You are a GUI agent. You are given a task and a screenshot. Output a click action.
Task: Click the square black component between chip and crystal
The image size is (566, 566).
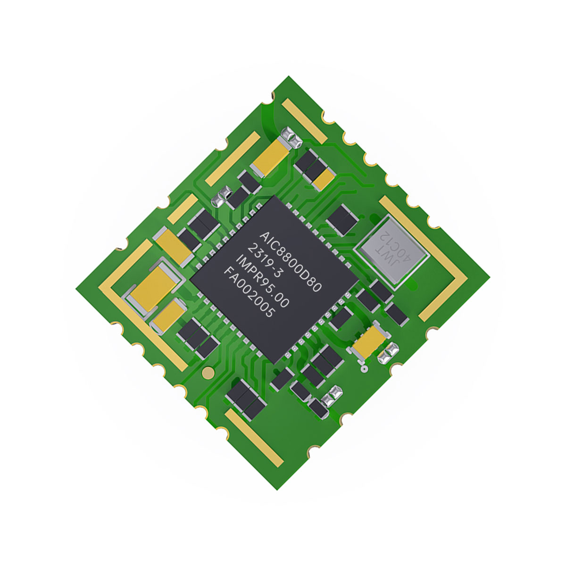point(341,220)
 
